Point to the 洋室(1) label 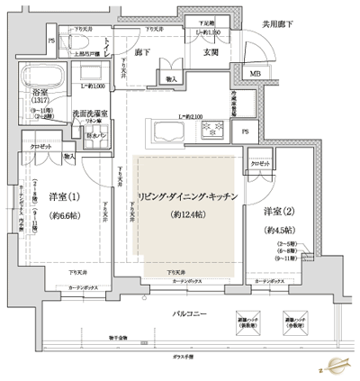pyautogui.click(x=61, y=197)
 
